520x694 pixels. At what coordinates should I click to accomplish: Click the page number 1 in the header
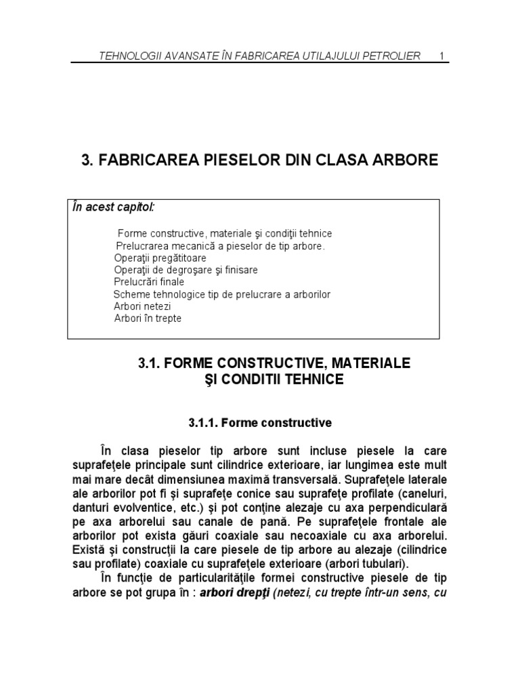[441, 55]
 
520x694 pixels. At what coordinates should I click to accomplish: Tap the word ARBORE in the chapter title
[404, 161]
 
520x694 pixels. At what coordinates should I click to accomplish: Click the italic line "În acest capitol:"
[113, 206]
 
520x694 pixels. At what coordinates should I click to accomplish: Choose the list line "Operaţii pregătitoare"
[160, 258]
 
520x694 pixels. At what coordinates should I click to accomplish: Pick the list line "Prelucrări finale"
[149, 282]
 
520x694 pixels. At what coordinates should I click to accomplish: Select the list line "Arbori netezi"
[142, 306]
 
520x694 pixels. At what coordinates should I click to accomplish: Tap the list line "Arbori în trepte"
[148, 319]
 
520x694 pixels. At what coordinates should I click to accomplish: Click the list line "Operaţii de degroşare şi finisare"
[186, 270]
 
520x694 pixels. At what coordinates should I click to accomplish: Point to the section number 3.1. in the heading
[150, 364]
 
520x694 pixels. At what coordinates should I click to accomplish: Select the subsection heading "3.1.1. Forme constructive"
[260, 423]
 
